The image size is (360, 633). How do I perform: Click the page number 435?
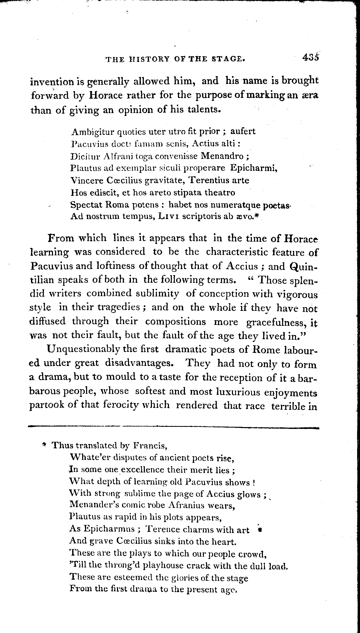310,57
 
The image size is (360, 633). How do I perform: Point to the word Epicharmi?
253,168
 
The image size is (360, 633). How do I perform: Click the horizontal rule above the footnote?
173,427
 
